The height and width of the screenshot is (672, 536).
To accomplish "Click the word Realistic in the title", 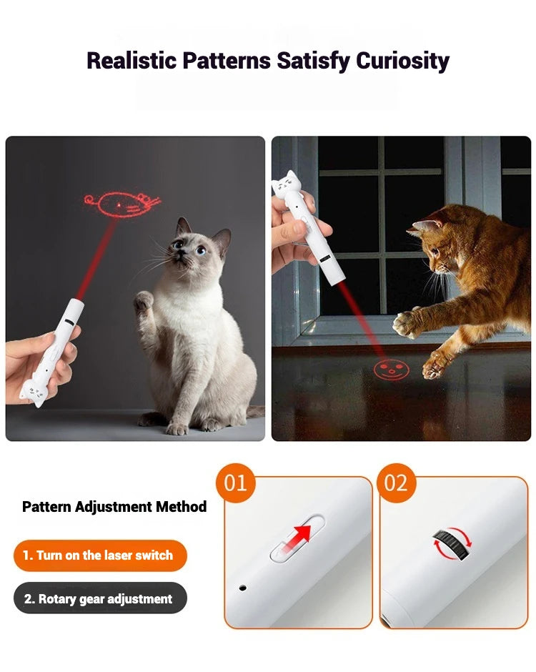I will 131,61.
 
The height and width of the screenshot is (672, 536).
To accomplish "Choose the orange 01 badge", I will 235,483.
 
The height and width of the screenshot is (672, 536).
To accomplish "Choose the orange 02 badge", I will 395,483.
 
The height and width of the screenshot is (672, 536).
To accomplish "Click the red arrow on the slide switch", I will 303,535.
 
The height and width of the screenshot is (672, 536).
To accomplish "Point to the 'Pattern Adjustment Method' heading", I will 114,507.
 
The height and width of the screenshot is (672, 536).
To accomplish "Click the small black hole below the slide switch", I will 243,588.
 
